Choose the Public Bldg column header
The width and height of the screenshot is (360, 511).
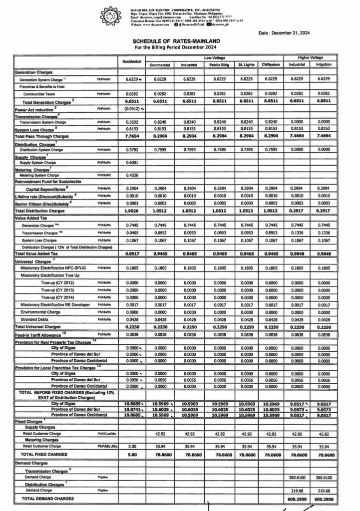(219, 65)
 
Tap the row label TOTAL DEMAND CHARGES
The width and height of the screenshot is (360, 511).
(47, 499)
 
